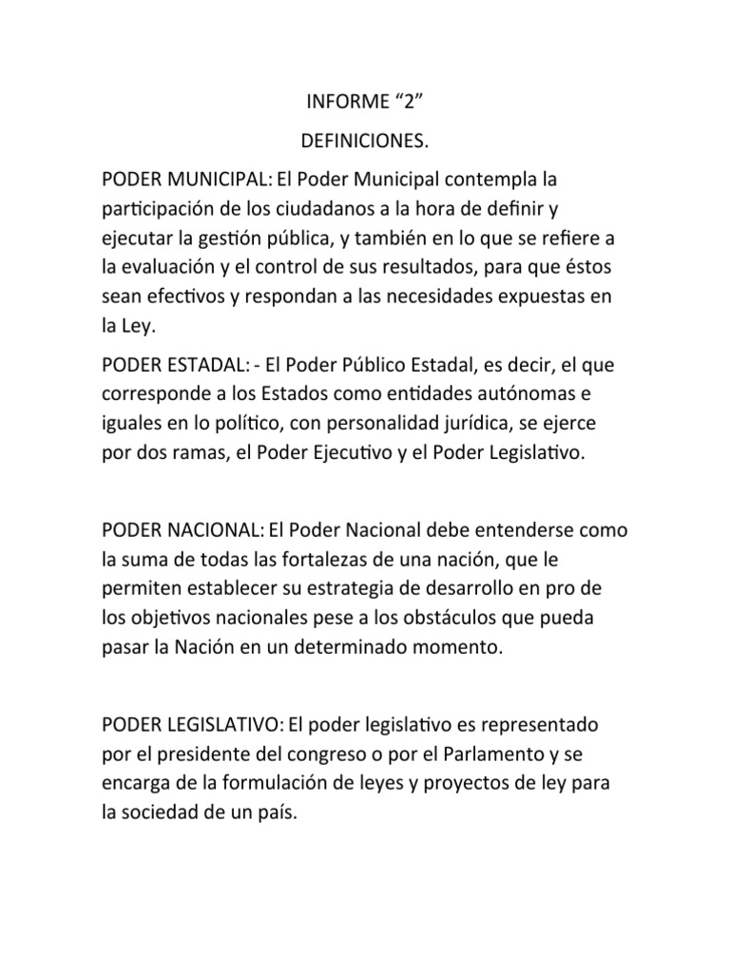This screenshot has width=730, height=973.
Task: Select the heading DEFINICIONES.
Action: tap(365, 143)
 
